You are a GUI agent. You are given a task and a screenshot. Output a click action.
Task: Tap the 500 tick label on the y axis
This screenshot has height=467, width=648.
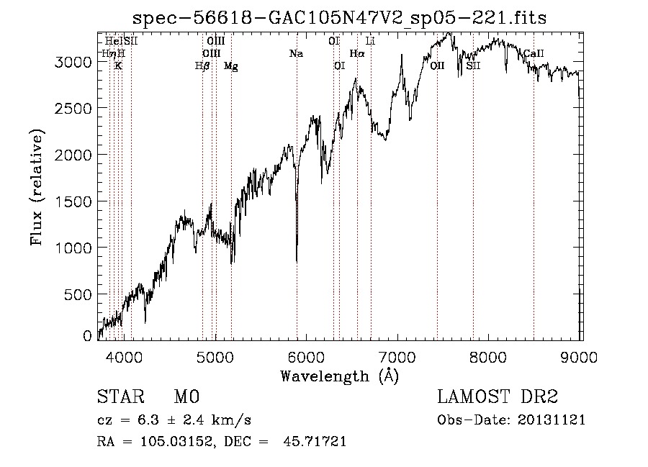pyautogui.click(x=79, y=294)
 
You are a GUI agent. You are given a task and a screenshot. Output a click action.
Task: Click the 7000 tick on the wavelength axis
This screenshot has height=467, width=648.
pyautogui.click(x=397, y=355)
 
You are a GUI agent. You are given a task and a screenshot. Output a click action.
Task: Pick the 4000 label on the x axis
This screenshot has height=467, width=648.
pyautogui.click(x=124, y=355)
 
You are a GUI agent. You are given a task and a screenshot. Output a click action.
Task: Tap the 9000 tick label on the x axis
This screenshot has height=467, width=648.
pyautogui.click(x=580, y=355)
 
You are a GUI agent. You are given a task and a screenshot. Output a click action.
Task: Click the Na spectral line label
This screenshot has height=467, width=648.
pyautogui.click(x=296, y=54)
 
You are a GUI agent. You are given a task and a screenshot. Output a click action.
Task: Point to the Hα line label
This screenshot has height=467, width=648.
pyautogui.click(x=357, y=54)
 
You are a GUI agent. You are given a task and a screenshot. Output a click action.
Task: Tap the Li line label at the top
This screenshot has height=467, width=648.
pyautogui.click(x=370, y=42)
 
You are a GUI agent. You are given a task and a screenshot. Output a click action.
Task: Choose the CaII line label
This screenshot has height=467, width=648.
pyautogui.click(x=534, y=54)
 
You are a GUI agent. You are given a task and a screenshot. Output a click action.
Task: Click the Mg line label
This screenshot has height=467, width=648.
pyautogui.click(x=230, y=66)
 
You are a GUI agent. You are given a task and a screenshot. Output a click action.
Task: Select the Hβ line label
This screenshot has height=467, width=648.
pyautogui.click(x=202, y=66)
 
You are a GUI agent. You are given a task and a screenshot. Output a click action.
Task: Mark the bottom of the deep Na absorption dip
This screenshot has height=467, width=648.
pyautogui.click(x=297, y=260)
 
